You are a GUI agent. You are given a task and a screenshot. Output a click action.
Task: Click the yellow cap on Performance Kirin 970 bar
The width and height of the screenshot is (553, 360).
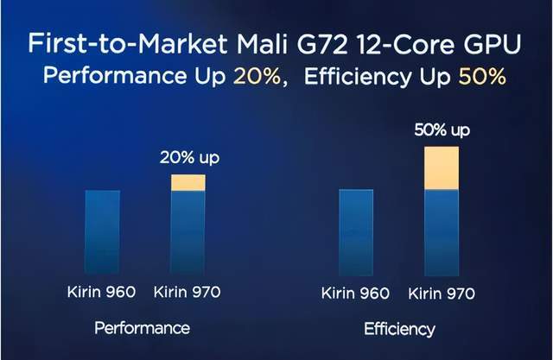tap(188, 182)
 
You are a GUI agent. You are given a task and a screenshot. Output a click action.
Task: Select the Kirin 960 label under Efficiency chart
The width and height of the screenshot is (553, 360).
tap(356, 293)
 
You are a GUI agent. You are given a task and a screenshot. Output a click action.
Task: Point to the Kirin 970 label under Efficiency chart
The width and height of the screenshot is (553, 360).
tap(441, 293)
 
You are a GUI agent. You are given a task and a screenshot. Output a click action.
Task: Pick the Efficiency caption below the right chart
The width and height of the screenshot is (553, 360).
tap(400, 329)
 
